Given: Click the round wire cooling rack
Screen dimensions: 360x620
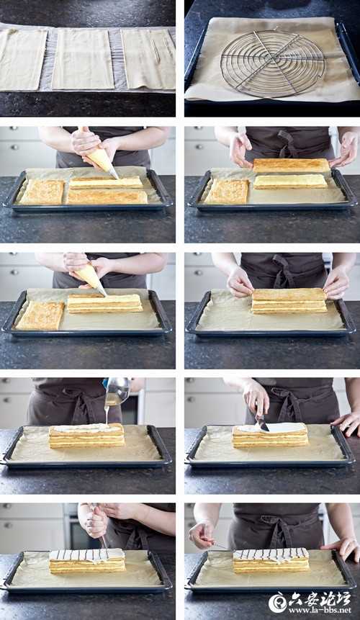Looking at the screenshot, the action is point(273,63).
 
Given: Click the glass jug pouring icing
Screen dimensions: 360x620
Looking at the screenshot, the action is point(117,391).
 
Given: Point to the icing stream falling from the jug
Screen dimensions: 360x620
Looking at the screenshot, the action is point(107,414).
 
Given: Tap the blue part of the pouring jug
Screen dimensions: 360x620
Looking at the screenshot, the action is point(105,383).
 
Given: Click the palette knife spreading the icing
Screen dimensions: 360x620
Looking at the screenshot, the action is point(261,421).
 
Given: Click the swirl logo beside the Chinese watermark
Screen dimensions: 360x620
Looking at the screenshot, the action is point(277,602).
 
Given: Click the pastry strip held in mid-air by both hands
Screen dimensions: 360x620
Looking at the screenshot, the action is point(292,166).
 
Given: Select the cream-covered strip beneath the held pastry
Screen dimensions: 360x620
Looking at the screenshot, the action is point(290,181).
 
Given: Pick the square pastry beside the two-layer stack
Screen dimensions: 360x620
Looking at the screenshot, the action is point(40,315).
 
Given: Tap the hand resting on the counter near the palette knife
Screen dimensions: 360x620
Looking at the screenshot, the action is point(346,423).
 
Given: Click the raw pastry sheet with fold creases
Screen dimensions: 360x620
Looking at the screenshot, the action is point(148,59).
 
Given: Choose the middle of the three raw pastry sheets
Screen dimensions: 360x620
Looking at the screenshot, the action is point(83,59).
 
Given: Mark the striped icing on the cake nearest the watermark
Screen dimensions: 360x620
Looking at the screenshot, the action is point(270,554).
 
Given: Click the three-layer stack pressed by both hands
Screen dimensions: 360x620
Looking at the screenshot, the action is point(289,301).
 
